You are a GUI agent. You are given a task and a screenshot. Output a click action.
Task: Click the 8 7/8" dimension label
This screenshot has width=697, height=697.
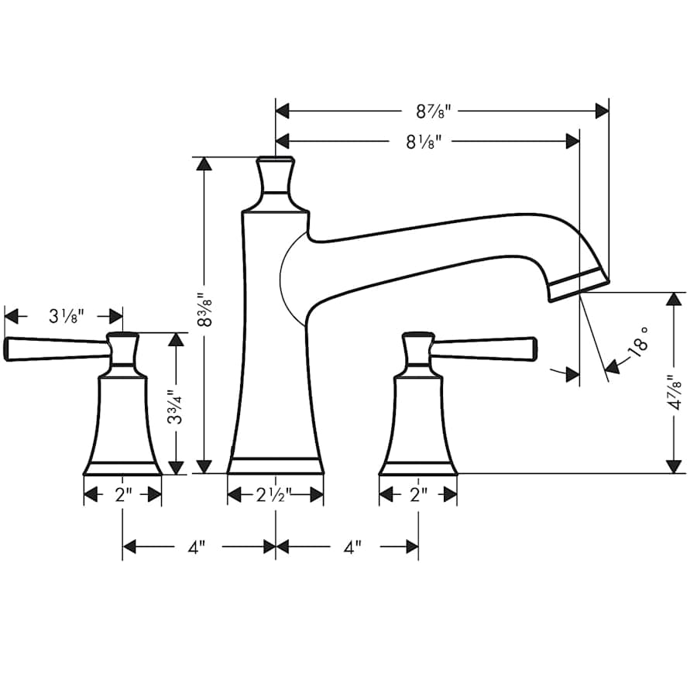(433, 111)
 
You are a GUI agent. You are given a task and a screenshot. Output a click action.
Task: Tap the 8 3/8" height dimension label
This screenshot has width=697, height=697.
(204, 310)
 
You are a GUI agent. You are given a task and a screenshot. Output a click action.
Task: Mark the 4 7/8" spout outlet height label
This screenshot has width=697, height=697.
(675, 393)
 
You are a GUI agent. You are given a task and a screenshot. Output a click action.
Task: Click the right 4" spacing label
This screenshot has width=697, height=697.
(352, 548)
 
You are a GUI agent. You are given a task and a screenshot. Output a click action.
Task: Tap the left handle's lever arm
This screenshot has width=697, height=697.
(54, 349)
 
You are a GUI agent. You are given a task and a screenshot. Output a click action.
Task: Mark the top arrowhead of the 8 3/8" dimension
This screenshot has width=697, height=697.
(204, 163)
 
